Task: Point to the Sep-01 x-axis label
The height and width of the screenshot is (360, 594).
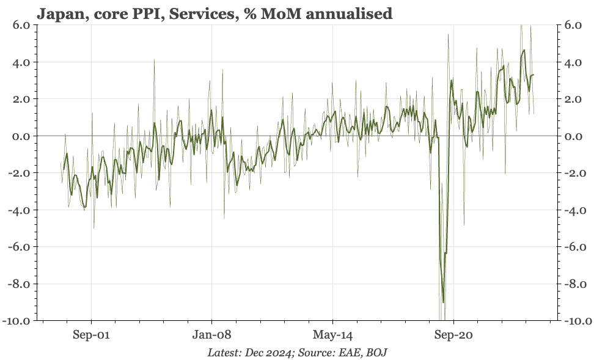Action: (91, 335)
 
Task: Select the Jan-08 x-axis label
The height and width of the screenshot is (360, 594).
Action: (211, 335)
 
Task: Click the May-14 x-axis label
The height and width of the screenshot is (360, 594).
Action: (332, 335)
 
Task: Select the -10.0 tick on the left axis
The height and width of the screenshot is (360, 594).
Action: (18, 320)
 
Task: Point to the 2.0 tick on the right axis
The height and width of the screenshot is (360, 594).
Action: (577, 99)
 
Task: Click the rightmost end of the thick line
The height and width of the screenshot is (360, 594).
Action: (534, 75)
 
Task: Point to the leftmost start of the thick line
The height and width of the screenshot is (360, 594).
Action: (63, 170)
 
